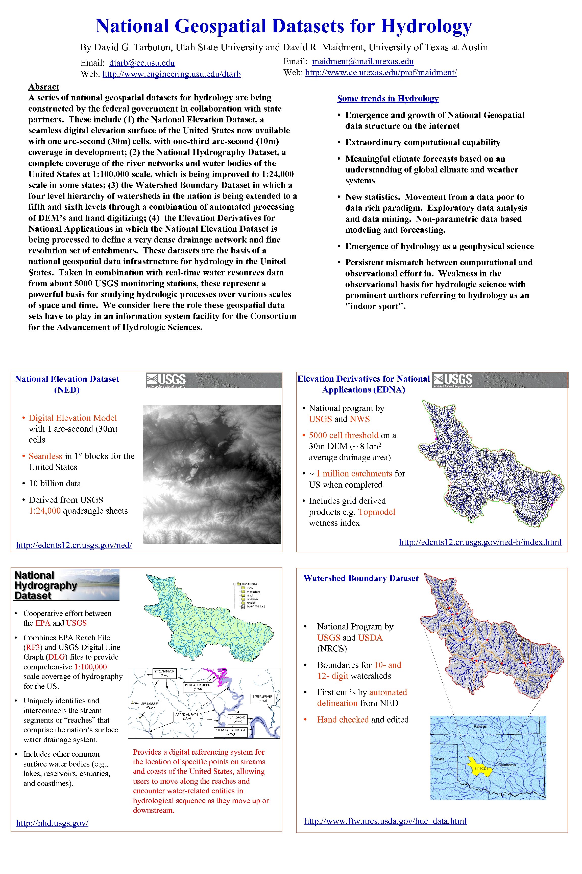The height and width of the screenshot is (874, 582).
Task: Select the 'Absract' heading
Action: click(x=44, y=86)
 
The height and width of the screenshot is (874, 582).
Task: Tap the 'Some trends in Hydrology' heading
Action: click(x=388, y=98)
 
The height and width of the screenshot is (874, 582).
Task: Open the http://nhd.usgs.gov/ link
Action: click(x=52, y=823)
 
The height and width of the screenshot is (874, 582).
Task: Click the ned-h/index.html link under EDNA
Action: click(x=480, y=542)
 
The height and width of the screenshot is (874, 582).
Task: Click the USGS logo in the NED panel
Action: click(x=166, y=380)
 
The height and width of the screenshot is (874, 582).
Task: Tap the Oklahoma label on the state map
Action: click(x=507, y=765)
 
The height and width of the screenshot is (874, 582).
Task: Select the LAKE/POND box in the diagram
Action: click(x=237, y=719)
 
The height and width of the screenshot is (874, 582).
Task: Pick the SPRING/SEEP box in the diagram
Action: click(x=150, y=705)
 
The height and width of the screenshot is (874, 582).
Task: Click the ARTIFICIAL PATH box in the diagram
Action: click(x=187, y=716)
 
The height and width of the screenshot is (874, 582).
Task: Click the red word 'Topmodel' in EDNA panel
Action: click(x=376, y=512)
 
